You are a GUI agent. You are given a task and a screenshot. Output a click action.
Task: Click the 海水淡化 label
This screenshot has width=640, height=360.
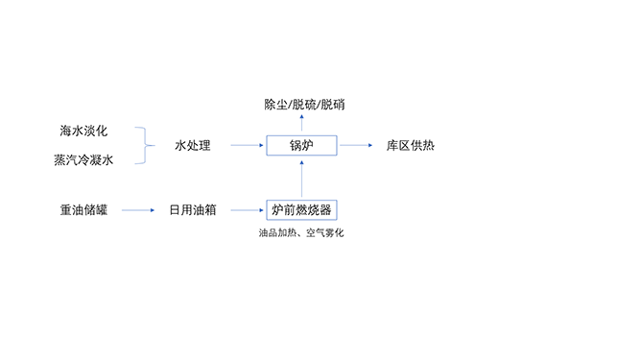click(x=83, y=130)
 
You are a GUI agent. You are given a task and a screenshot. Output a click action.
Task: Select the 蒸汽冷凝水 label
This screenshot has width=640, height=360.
click(x=83, y=161)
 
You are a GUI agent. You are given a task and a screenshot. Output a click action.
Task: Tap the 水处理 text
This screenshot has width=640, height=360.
click(x=192, y=146)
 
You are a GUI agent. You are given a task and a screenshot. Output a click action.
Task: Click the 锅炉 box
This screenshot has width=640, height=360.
click(x=302, y=146)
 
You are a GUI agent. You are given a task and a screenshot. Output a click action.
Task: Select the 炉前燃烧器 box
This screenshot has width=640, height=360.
click(x=302, y=208)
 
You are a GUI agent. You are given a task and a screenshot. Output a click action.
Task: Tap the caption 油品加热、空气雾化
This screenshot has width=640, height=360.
click(x=301, y=233)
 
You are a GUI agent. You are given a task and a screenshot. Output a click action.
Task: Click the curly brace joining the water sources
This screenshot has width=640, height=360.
click(x=145, y=146)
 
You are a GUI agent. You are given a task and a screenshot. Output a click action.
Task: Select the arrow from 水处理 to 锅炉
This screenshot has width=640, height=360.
click(x=247, y=146)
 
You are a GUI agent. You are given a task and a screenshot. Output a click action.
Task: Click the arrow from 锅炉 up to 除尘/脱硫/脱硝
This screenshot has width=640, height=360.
click(x=302, y=123)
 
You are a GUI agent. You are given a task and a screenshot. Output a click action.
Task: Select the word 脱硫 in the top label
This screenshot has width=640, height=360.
click(x=305, y=103)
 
